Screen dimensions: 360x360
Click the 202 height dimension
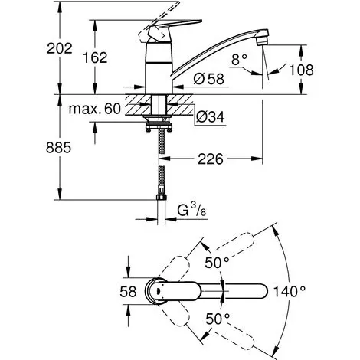tap(60, 48)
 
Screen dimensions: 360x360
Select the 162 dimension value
tap(95, 57)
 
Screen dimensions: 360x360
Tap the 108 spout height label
tap(301, 70)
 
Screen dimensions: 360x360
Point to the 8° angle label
tap(239, 60)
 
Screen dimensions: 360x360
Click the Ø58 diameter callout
tap(209, 79)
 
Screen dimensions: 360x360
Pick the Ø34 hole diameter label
tap(211, 117)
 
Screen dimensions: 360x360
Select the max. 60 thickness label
tap(94, 109)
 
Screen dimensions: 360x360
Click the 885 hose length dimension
tap(58, 148)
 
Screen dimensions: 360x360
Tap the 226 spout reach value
tap(211, 159)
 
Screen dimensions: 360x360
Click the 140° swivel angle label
tap(290, 291)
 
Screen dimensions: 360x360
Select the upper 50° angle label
tap(217, 262)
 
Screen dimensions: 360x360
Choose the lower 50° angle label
tap(218, 319)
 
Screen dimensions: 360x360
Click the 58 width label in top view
tap(128, 291)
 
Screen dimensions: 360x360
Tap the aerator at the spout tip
tap(262, 41)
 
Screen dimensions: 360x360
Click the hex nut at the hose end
tap(161, 197)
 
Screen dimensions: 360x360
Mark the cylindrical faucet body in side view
tap(159, 68)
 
